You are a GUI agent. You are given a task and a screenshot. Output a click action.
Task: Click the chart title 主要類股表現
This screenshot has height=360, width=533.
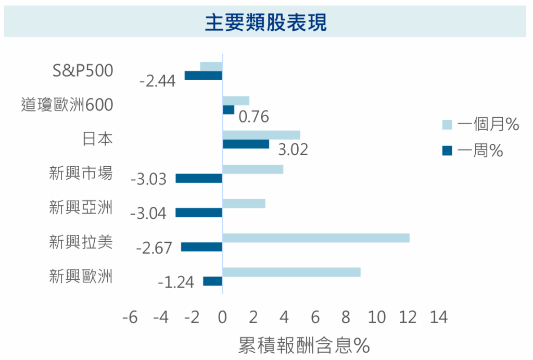(x=266, y=22)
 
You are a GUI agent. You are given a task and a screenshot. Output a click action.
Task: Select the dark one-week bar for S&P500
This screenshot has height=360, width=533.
(x=204, y=76)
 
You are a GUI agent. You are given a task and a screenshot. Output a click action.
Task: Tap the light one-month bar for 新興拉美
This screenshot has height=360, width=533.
(x=316, y=238)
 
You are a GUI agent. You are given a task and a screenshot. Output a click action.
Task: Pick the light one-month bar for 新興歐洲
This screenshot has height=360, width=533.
(x=291, y=272)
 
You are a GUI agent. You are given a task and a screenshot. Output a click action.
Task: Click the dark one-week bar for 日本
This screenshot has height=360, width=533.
(x=246, y=144)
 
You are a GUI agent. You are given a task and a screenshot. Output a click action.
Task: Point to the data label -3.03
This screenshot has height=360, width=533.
(x=148, y=180)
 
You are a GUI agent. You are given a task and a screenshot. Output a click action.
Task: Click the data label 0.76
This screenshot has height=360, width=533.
(x=253, y=117)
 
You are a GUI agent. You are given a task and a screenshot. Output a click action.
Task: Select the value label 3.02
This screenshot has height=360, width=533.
(x=293, y=150)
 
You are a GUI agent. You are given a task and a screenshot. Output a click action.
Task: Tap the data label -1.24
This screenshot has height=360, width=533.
(x=175, y=282)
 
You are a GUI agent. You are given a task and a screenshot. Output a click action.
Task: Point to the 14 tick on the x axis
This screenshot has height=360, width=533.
(x=438, y=317)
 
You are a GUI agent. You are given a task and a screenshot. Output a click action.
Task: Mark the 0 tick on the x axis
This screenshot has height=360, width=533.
(x=223, y=317)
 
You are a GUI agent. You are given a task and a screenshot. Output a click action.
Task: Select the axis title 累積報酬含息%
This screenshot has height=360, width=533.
(x=304, y=345)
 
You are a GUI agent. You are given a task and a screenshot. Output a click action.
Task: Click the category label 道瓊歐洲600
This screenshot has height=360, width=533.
(x=67, y=105)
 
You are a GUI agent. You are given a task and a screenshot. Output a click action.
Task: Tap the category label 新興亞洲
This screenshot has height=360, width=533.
(x=81, y=208)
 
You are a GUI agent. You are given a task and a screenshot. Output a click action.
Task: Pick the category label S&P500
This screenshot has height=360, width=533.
(x=83, y=70)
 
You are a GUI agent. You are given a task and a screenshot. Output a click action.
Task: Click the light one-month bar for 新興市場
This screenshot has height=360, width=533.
(x=253, y=169)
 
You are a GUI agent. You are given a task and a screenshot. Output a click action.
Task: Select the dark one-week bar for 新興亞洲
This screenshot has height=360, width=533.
(x=199, y=213)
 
